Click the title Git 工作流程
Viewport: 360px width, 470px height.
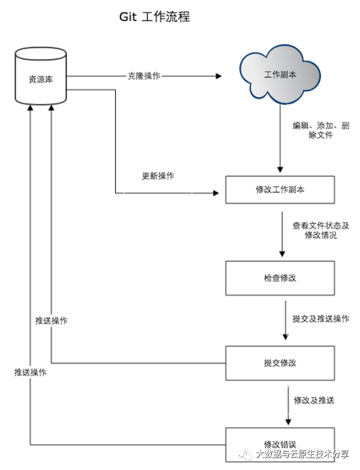154,17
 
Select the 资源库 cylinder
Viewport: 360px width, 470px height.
41,76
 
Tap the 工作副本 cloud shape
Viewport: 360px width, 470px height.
280,74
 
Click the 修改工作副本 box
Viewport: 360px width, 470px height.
280,189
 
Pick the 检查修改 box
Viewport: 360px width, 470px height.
280,278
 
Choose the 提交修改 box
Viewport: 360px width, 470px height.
280,363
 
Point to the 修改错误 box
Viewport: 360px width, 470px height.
280,445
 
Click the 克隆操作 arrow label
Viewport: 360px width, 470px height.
144,76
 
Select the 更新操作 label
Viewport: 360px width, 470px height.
158,176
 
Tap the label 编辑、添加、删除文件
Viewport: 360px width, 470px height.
321,130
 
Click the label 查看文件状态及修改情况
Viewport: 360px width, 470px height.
321,230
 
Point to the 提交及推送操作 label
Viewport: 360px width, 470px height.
321,319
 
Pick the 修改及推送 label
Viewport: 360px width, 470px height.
314,400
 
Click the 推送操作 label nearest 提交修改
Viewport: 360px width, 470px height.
51,321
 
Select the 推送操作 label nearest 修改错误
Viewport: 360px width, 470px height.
30,373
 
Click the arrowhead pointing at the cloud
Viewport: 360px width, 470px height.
219,76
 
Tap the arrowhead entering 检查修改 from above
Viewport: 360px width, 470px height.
282,254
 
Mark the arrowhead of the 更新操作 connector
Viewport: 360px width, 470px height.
216,193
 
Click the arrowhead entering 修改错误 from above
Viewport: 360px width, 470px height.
288,422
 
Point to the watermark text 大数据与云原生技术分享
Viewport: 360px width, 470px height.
303,454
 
